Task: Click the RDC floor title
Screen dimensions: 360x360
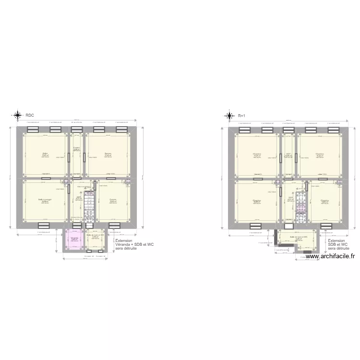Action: [30, 115]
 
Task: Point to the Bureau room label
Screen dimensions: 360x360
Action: [108, 154]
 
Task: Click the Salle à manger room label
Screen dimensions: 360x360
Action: [45, 199]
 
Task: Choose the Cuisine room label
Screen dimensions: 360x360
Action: [113, 200]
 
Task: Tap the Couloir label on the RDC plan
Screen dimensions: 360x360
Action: [76, 148]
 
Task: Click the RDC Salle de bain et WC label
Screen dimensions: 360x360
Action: [95, 235]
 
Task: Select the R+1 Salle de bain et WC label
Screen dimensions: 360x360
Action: [298, 236]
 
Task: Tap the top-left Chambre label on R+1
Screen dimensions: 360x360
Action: [257, 154]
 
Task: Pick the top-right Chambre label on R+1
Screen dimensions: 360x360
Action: [319, 154]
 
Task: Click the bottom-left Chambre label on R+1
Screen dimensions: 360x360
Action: [257, 200]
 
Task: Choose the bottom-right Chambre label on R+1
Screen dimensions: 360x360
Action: [324, 200]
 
